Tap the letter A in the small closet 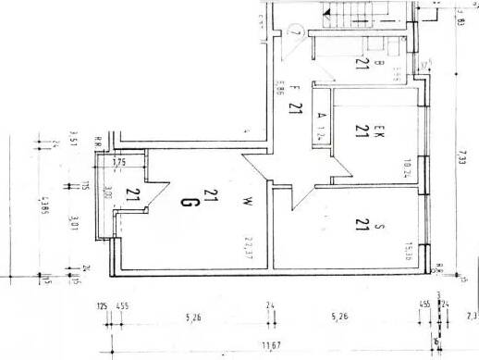tap(321, 115)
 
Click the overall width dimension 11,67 tap(272, 346)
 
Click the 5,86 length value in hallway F tap(279, 90)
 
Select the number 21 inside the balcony tap(133, 194)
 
